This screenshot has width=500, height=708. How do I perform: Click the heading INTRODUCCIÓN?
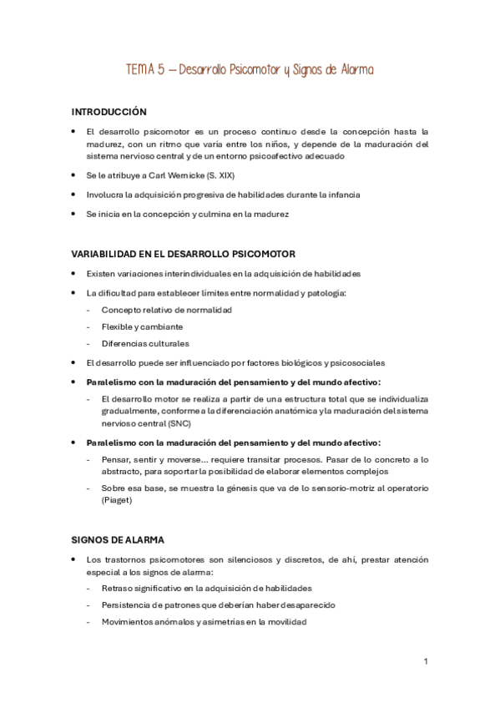[x=109, y=111]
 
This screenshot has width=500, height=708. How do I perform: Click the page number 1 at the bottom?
[x=426, y=661]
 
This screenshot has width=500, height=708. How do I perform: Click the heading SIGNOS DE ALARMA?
[x=117, y=539]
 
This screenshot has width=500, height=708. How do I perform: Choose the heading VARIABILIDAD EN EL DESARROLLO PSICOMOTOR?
[x=184, y=254]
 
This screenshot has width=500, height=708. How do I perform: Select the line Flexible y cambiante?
[x=142, y=326]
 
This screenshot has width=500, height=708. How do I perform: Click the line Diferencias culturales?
[x=145, y=343]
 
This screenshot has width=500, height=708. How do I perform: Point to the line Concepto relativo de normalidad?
[x=167, y=310]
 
